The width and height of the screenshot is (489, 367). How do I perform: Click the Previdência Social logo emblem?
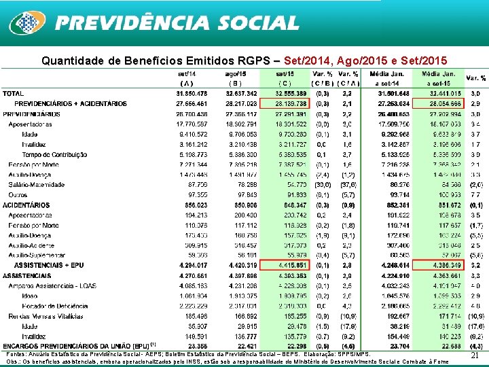click(26, 22)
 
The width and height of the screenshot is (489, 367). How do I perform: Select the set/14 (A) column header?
click(187, 78)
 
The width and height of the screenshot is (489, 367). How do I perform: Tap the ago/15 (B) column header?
click(233, 78)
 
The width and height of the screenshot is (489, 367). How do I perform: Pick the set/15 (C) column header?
click(285, 78)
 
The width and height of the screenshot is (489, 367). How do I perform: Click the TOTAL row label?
click(14, 93)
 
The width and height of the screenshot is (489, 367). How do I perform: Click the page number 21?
click(475, 355)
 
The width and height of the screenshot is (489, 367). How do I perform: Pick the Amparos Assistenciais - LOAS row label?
click(53, 287)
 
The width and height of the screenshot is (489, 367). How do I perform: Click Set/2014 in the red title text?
click(315, 60)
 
